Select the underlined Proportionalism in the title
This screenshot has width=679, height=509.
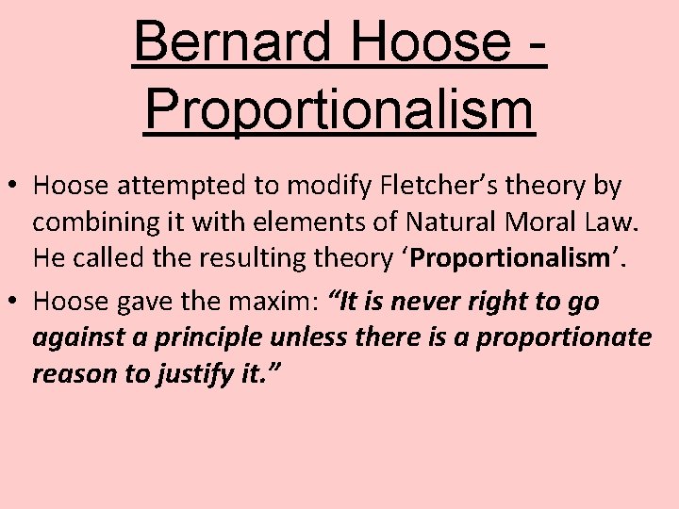click(339, 111)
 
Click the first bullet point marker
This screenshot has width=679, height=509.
click(16, 187)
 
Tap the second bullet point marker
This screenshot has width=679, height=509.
click(16, 302)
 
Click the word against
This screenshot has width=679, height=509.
click(72, 338)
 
